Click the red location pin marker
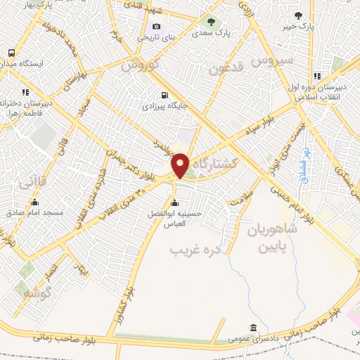pos(181,165)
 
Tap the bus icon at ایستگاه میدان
pos(11,53)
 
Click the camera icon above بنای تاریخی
pos(156,27)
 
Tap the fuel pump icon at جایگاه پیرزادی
pos(165,96)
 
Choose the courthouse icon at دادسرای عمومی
pos(253,328)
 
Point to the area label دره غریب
pos(195,250)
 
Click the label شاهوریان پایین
pos(271,238)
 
